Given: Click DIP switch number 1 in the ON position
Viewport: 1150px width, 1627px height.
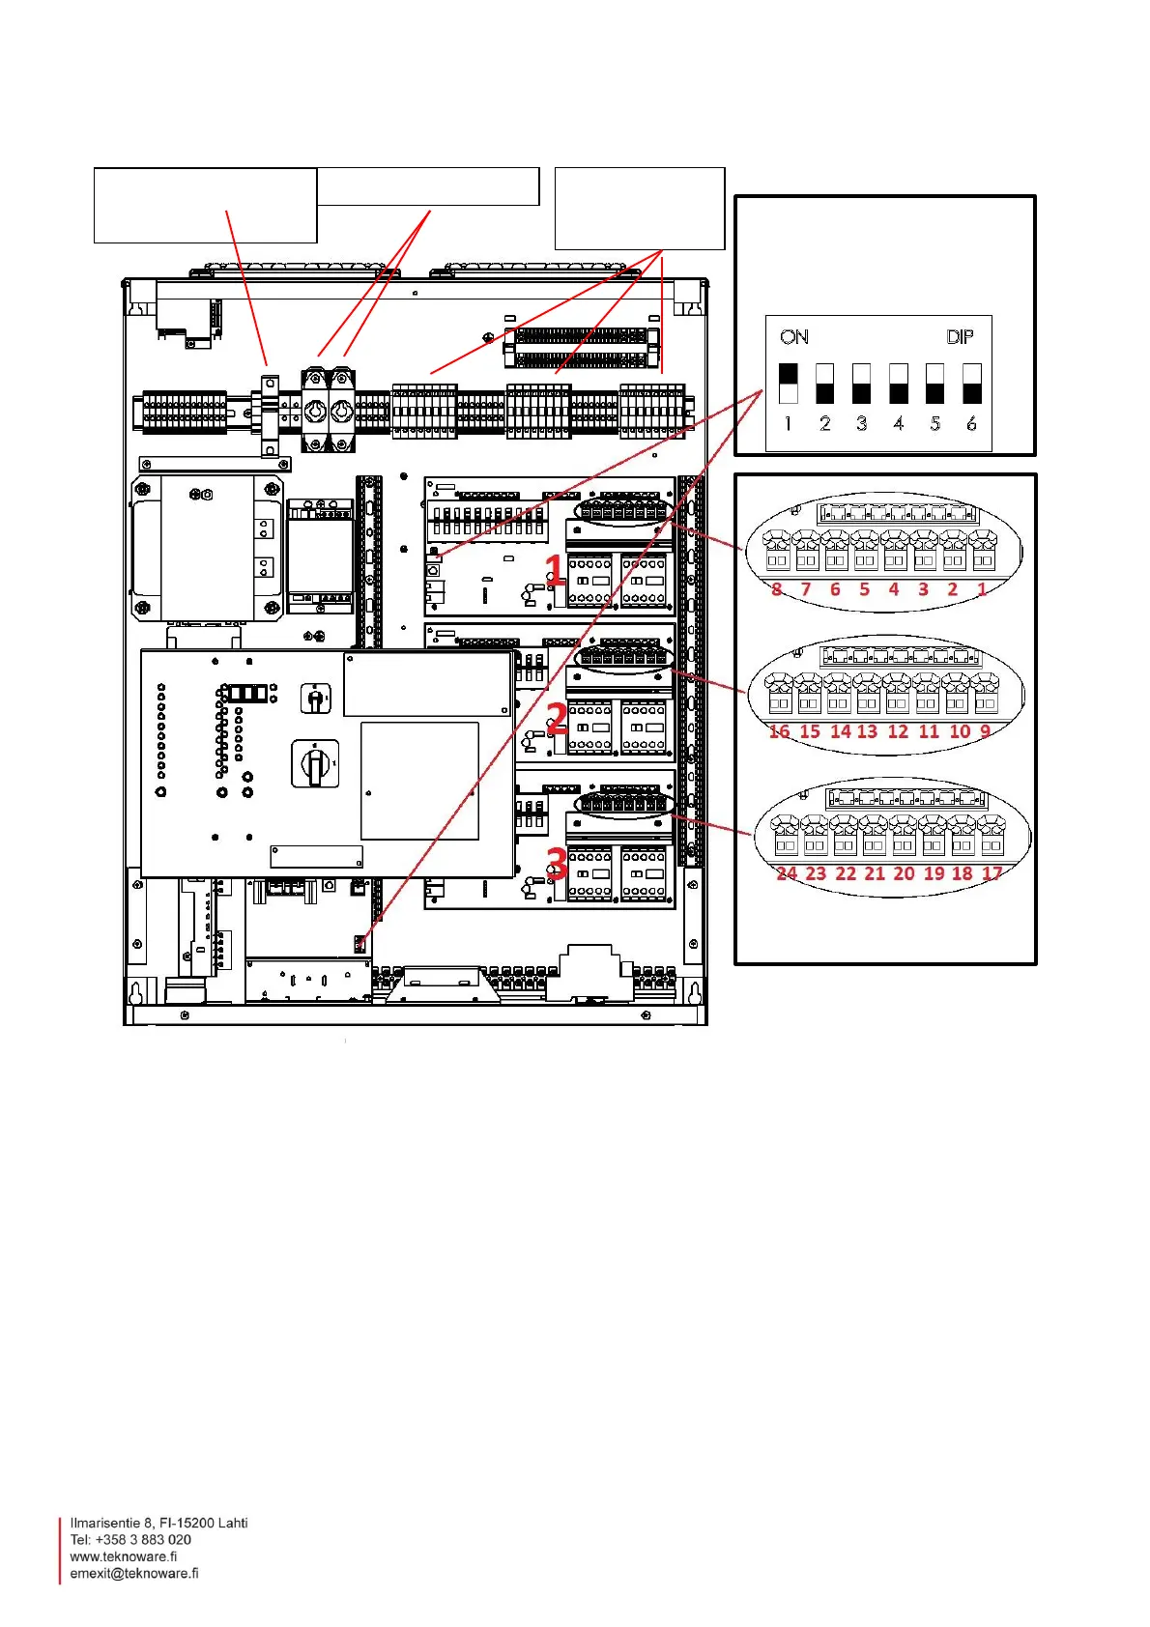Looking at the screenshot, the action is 788,383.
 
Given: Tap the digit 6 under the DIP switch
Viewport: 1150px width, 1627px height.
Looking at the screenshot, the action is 971,423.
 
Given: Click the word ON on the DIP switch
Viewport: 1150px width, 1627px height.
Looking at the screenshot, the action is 794,337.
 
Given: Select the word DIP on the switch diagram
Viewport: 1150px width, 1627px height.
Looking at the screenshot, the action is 960,337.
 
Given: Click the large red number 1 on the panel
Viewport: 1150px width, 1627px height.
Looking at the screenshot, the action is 555,570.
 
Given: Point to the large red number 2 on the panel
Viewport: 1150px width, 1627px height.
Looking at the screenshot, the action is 557,718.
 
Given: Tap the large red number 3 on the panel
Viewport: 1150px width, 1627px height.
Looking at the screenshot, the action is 557,863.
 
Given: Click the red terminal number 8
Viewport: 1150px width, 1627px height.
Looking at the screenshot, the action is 777,589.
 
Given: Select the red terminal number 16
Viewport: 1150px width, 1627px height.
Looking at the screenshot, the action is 779,731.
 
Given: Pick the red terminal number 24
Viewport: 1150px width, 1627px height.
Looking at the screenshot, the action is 787,873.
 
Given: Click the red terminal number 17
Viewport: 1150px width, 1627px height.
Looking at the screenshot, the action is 992,873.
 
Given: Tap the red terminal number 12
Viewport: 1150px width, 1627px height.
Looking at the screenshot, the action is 898,731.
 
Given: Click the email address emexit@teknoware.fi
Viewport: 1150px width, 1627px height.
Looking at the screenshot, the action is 134,1573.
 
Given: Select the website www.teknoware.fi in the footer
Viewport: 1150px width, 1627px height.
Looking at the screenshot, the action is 124,1556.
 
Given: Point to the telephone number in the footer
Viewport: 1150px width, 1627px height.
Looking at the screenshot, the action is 130,1539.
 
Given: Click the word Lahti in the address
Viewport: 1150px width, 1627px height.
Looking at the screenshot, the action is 231,1523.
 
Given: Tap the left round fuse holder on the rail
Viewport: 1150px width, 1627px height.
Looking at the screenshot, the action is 315,412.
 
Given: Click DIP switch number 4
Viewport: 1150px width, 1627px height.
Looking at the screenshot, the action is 898,383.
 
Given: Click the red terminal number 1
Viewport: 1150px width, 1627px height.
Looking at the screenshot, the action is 982,589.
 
